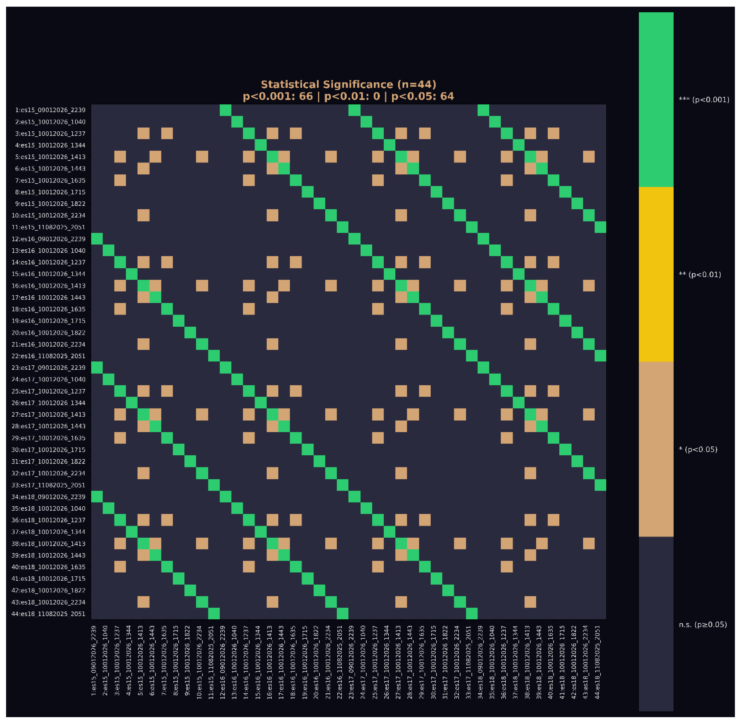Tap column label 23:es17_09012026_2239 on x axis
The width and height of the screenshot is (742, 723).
point(351,661)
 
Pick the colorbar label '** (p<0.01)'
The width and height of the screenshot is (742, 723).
point(700,275)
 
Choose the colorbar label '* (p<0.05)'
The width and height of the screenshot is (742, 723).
point(698,449)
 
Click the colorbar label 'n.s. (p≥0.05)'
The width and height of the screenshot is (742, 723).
point(703,625)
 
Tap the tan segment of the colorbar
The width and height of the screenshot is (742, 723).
point(656,449)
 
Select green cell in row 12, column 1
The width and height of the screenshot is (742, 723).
point(97,239)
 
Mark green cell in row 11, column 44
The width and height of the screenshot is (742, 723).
point(600,227)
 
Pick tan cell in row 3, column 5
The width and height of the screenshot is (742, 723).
point(144,133)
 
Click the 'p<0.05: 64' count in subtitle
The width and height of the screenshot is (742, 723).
point(422,96)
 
